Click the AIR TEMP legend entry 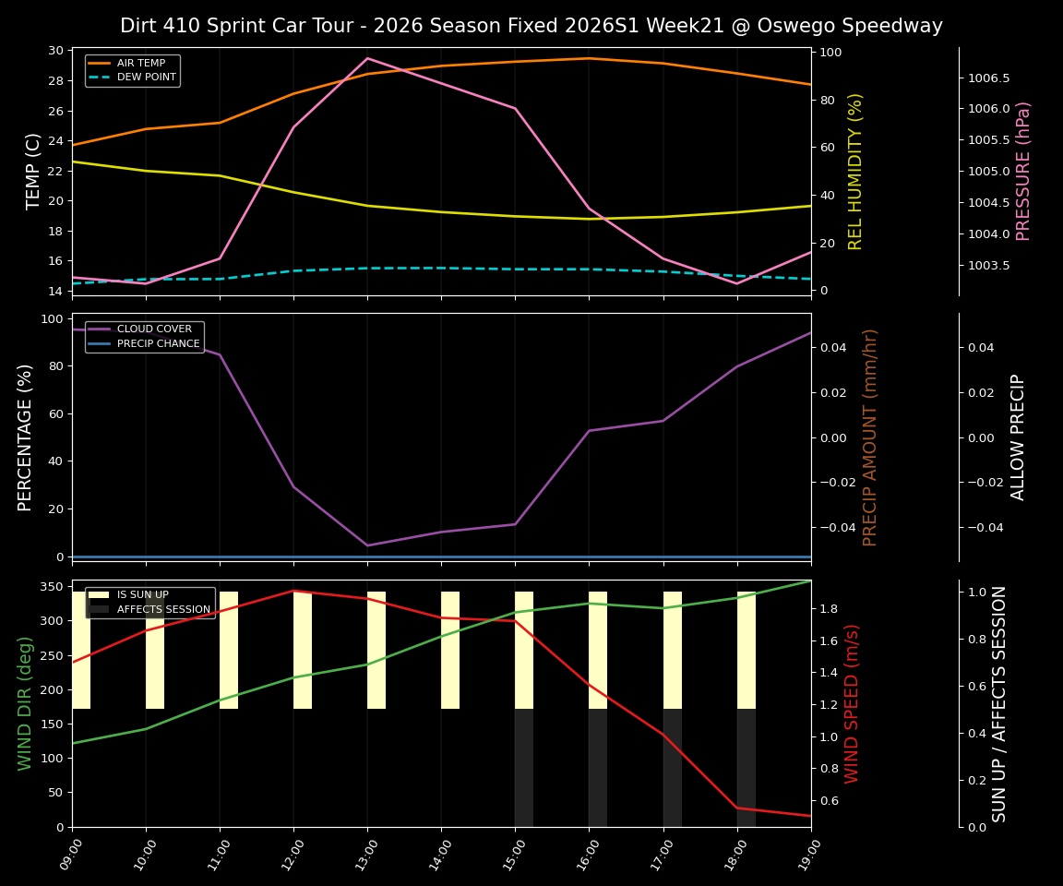[140, 63]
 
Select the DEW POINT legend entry [146, 78]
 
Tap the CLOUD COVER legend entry [154, 329]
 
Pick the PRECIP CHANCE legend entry [158, 344]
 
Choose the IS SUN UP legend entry [142, 595]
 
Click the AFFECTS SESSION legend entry [162, 609]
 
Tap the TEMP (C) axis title [33, 171]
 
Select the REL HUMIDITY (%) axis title [855, 171]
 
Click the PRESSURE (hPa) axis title [1023, 171]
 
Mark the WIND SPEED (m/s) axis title [852, 703]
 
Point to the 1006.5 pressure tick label [988, 78]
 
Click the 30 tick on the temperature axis [56, 51]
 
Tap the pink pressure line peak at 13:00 [367, 58]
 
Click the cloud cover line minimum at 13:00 [367, 545]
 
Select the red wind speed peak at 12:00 [293, 591]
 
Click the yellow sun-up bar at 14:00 [450, 650]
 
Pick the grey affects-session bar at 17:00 [672, 768]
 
